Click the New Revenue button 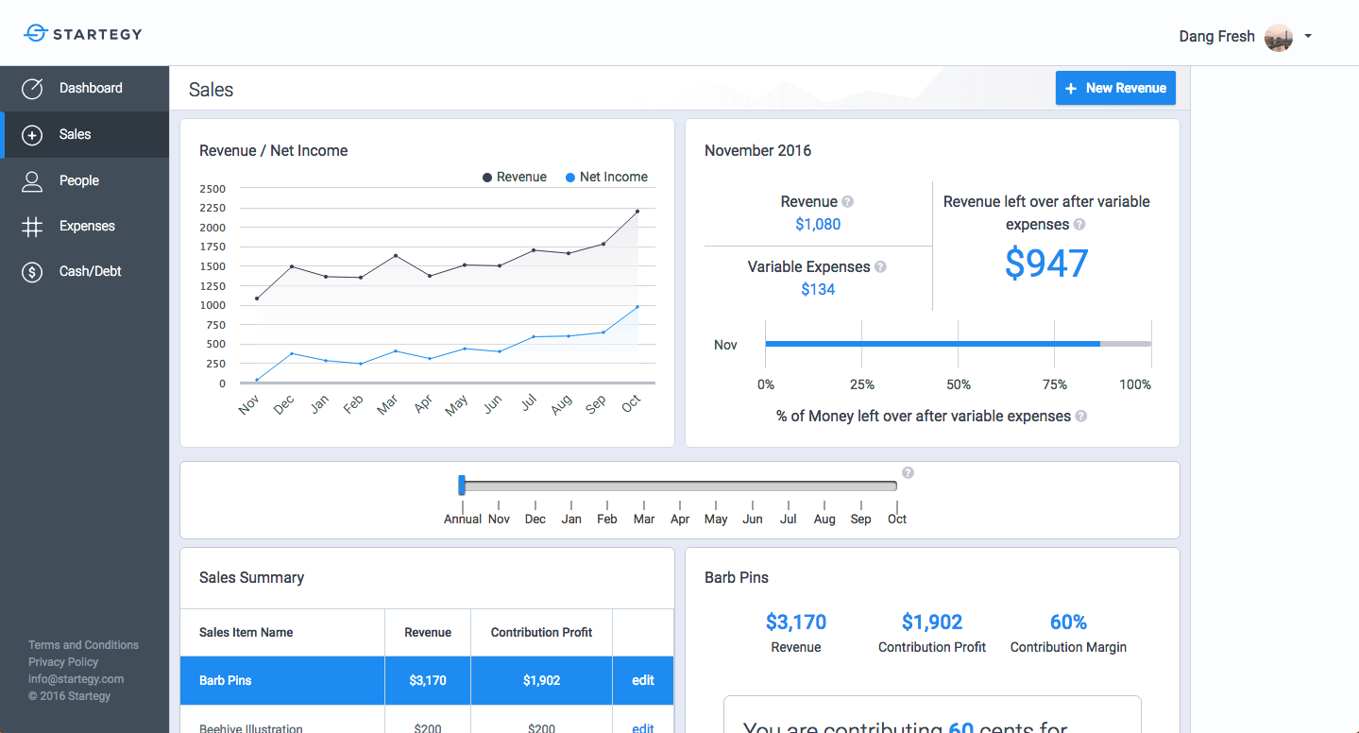click(1115, 88)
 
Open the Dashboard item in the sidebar click(91, 88)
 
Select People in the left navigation click(78, 180)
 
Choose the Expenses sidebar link click(87, 226)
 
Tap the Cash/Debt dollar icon click(32, 272)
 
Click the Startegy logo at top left click(83, 34)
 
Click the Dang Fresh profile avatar click(1278, 37)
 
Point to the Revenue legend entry click(515, 177)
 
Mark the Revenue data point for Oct click(637, 212)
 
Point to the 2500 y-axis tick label click(212, 189)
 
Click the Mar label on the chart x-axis click(386, 405)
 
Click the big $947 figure click(1046, 264)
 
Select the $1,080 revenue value click(818, 224)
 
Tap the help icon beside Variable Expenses click(880, 266)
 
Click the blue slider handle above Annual click(462, 486)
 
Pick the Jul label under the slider click(789, 519)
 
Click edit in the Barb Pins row click(643, 680)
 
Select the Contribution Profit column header click(541, 632)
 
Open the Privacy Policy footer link click(63, 662)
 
